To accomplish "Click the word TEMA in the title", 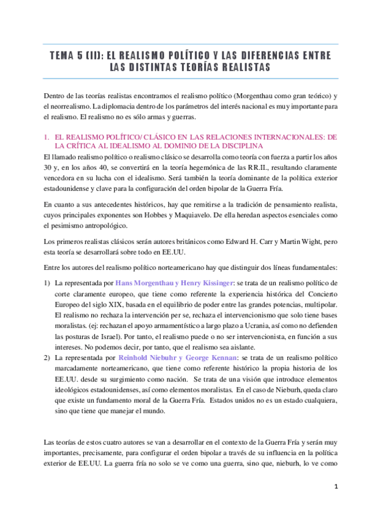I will point(64,56).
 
